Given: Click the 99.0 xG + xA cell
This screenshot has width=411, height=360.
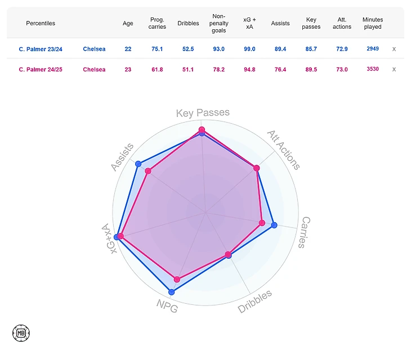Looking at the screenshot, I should [249, 49].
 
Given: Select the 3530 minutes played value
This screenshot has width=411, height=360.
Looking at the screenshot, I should [373, 69].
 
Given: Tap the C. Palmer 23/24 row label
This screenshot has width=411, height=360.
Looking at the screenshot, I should [41, 49].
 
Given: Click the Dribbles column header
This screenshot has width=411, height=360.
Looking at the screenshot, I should [188, 24].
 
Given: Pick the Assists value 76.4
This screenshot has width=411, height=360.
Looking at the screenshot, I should [280, 69].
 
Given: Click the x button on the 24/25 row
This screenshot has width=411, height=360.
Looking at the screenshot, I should [394, 69].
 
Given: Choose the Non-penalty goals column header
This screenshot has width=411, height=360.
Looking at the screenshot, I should [219, 24].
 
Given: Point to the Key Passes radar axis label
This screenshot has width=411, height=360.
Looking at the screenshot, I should [203, 113].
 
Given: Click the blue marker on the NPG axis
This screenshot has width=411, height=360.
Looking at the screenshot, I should [172, 292].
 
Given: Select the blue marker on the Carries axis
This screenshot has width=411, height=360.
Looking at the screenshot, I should [274, 226].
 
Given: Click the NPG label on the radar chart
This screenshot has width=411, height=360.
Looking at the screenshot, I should [167, 307].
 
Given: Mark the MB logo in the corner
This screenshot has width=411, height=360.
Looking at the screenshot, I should [20, 332].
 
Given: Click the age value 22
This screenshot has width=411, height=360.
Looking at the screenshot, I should [128, 49].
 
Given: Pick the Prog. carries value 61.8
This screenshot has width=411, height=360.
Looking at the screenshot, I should [158, 69].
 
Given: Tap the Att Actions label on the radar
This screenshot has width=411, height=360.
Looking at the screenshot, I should [283, 150].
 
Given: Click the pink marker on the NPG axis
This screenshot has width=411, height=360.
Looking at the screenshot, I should [177, 280].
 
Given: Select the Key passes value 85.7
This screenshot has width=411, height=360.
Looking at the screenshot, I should [311, 49].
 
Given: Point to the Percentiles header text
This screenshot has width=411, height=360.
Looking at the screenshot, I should [41, 24].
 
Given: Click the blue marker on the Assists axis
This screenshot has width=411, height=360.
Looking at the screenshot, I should [139, 164].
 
